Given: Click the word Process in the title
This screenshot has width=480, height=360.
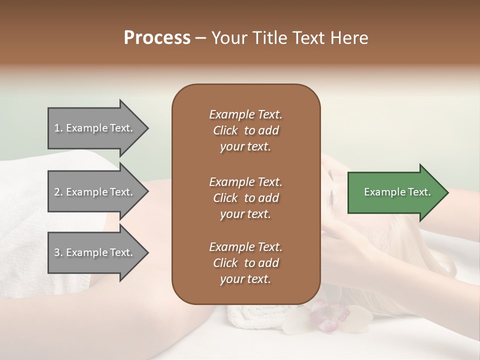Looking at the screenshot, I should point(157,38).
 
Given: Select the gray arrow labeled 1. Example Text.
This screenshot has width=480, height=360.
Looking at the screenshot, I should point(95,128).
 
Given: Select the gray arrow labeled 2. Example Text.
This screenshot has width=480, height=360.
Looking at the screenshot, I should point(95,192).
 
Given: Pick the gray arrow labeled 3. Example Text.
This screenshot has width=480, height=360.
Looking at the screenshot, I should point(95,252).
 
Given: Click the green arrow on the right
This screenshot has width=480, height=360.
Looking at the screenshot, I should point(395,192).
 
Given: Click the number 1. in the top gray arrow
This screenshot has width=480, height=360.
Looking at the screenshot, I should point(58,128).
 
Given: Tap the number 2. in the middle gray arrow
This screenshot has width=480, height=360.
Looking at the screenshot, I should point(58,192).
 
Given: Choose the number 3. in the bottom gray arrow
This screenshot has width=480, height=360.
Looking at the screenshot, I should point(58,252).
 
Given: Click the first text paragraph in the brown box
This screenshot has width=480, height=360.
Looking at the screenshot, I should point(245,130).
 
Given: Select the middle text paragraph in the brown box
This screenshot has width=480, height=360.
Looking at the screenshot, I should point(245,197).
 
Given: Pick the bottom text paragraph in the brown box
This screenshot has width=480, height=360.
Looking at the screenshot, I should point(245,263).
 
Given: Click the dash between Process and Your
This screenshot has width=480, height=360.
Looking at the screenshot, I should point(201,38).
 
